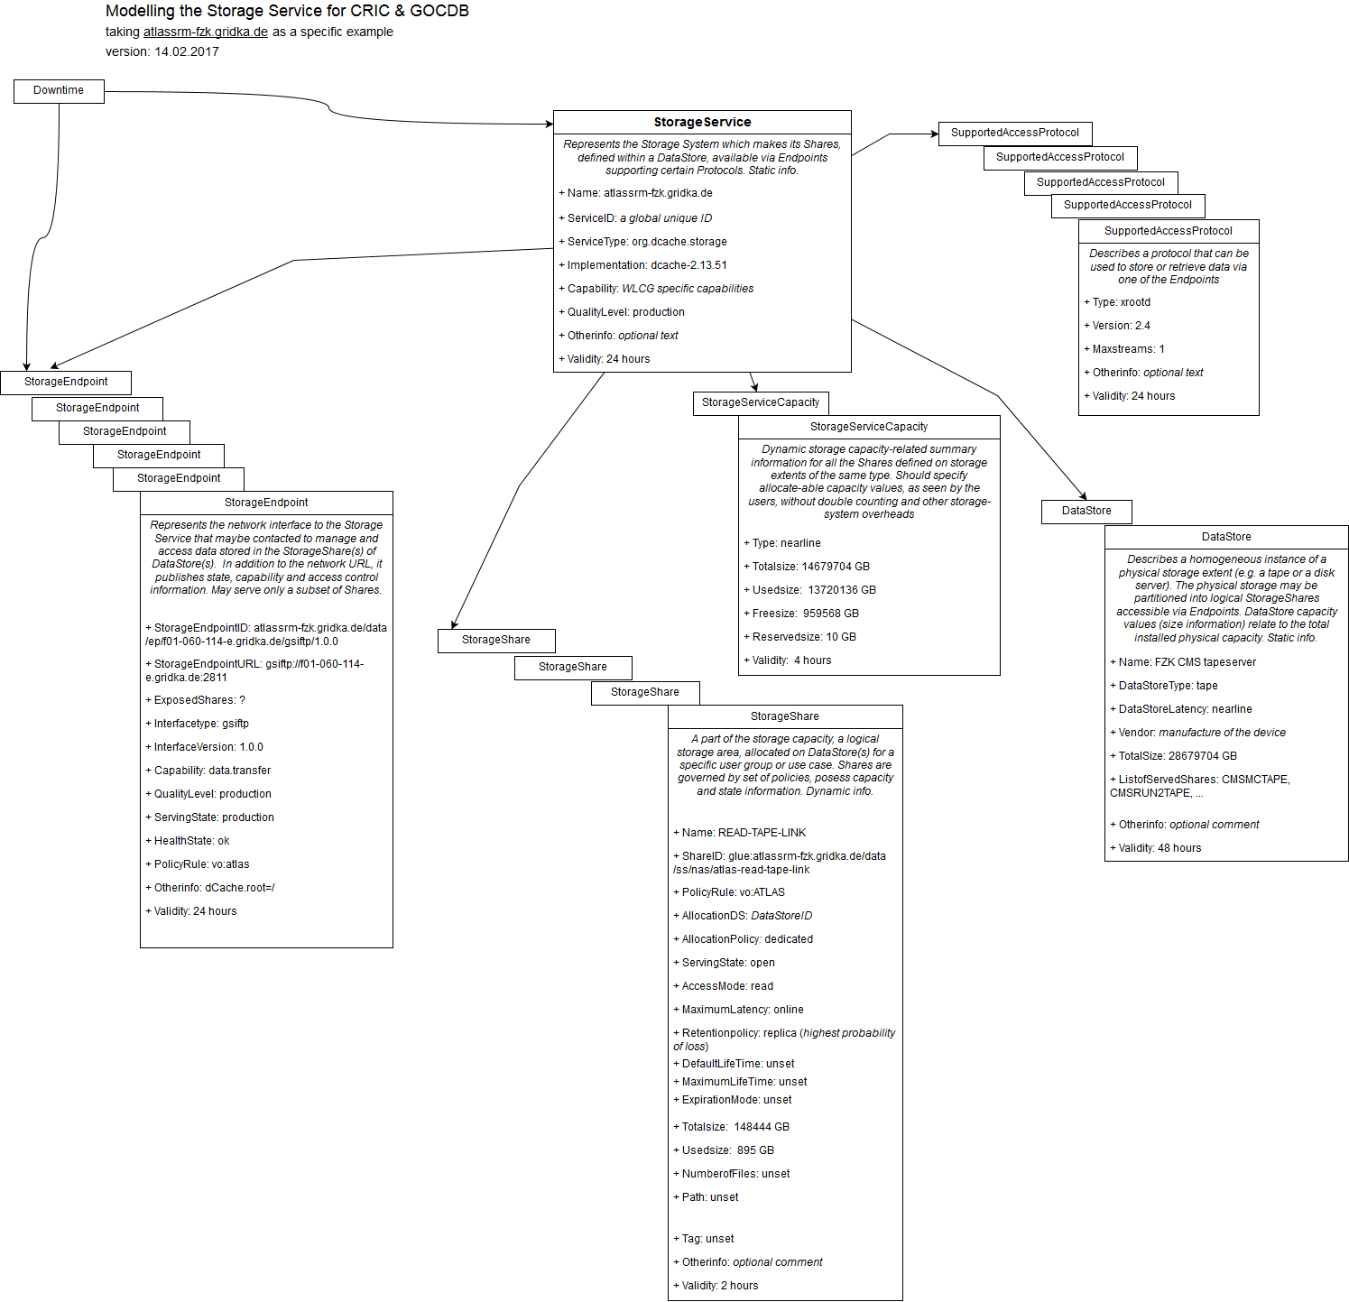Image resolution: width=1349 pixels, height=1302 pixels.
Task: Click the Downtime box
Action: point(59,91)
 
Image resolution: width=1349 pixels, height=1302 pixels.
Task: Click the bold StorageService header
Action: point(702,123)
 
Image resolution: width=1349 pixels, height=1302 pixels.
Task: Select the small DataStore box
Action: point(1086,512)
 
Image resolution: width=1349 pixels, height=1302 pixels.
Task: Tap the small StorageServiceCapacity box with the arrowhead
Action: point(761,403)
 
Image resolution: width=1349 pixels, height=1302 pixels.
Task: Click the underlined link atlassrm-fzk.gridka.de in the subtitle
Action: point(206,32)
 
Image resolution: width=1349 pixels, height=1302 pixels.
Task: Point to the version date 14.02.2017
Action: point(187,52)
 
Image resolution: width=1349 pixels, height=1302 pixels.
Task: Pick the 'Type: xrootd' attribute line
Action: point(1122,303)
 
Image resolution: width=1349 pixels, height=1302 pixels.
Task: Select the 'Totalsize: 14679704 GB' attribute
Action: point(811,568)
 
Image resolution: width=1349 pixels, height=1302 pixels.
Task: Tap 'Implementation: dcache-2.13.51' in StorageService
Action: point(647,266)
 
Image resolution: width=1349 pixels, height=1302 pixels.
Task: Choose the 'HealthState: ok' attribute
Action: point(192,842)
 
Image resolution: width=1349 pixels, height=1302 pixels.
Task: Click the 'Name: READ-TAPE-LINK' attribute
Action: point(744,834)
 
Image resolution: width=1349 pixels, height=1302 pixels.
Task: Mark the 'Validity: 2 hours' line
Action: point(720,1287)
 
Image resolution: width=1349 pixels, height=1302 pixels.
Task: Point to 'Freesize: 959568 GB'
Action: point(806,614)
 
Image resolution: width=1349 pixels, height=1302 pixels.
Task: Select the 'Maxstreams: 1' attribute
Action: point(1129,350)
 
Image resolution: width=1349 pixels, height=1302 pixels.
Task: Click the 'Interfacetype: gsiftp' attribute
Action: point(201,725)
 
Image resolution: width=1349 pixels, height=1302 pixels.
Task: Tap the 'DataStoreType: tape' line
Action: point(1169,687)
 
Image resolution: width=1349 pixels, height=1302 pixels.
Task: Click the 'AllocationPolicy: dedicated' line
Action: point(747,940)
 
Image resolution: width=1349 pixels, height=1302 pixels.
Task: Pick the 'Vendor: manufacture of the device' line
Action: point(1202,734)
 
